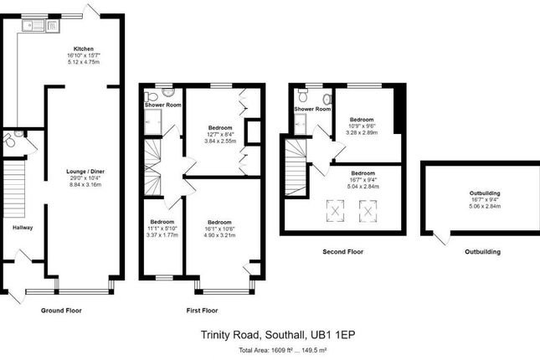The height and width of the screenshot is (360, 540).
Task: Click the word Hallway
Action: (23, 227)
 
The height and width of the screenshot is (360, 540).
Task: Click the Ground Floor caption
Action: (62, 311)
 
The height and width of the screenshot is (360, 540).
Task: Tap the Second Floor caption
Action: (343, 251)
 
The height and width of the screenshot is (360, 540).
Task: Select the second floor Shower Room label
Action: (311, 109)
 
